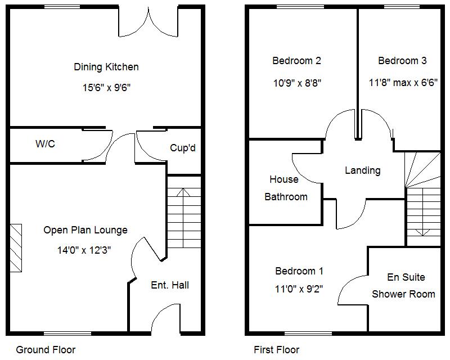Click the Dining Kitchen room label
[106, 67]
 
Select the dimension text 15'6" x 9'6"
[106, 88]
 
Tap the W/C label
[45, 144]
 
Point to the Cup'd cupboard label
[182, 148]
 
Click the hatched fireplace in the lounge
[15, 248]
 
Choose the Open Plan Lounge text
[85, 229]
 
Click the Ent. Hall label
[170, 285]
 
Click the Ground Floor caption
[46, 349]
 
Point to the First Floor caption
[277, 349]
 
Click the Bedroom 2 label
[296, 61]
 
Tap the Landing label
[362, 170]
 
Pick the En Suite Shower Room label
[404, 285]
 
